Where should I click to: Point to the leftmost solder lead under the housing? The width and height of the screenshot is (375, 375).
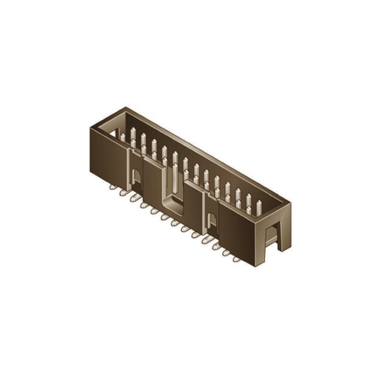pos(112,187)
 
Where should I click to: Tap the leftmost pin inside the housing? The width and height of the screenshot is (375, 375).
pos(123,136)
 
